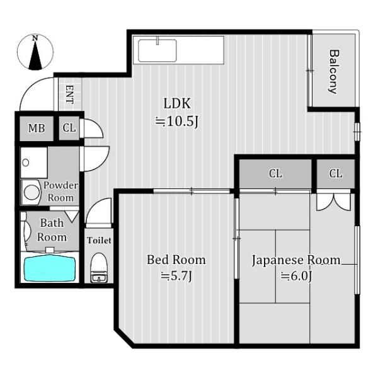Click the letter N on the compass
click(35, 38)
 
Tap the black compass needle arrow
click(35, 55)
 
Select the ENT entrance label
click(70, 94)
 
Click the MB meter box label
click(37, 129)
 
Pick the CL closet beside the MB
click(69, 128)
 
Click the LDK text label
click(177, 103)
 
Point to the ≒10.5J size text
click(177, 121)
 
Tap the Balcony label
click(334, 72)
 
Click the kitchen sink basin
click(157, 50)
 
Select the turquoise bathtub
click(50, 269)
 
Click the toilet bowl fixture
click(99, 267)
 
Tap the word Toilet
click(99, 241)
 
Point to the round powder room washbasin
click(31, 192)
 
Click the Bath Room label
click(52, 230)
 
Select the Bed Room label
click(176, 260)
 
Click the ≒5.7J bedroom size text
click(176, 276)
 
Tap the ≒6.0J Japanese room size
click(296, 276)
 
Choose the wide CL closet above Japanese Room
click(275, 173)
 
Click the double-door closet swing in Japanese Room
click(333, 202)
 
